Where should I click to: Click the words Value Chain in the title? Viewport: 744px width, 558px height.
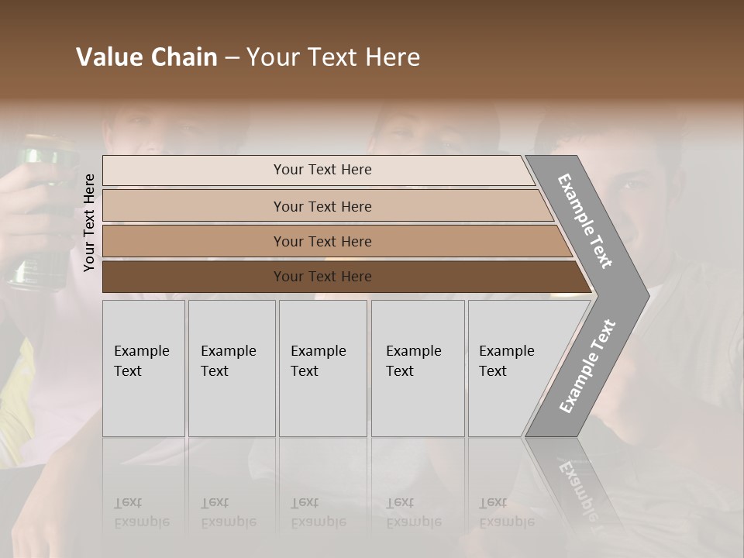coord(146,57)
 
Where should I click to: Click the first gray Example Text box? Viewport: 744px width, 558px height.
coord(143,368)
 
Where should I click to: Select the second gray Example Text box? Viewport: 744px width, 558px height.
coord(232,368)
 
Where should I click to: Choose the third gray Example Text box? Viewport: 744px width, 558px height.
coord(322,368)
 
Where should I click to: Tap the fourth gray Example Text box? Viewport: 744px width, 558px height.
coord(418,368)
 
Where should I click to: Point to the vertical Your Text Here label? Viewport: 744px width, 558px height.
coord(90,222)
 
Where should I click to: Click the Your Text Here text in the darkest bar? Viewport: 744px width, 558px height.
coord(322,277)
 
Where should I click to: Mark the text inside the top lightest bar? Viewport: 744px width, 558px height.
coord(322,170)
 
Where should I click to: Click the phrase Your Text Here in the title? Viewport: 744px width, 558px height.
coord(333,57)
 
